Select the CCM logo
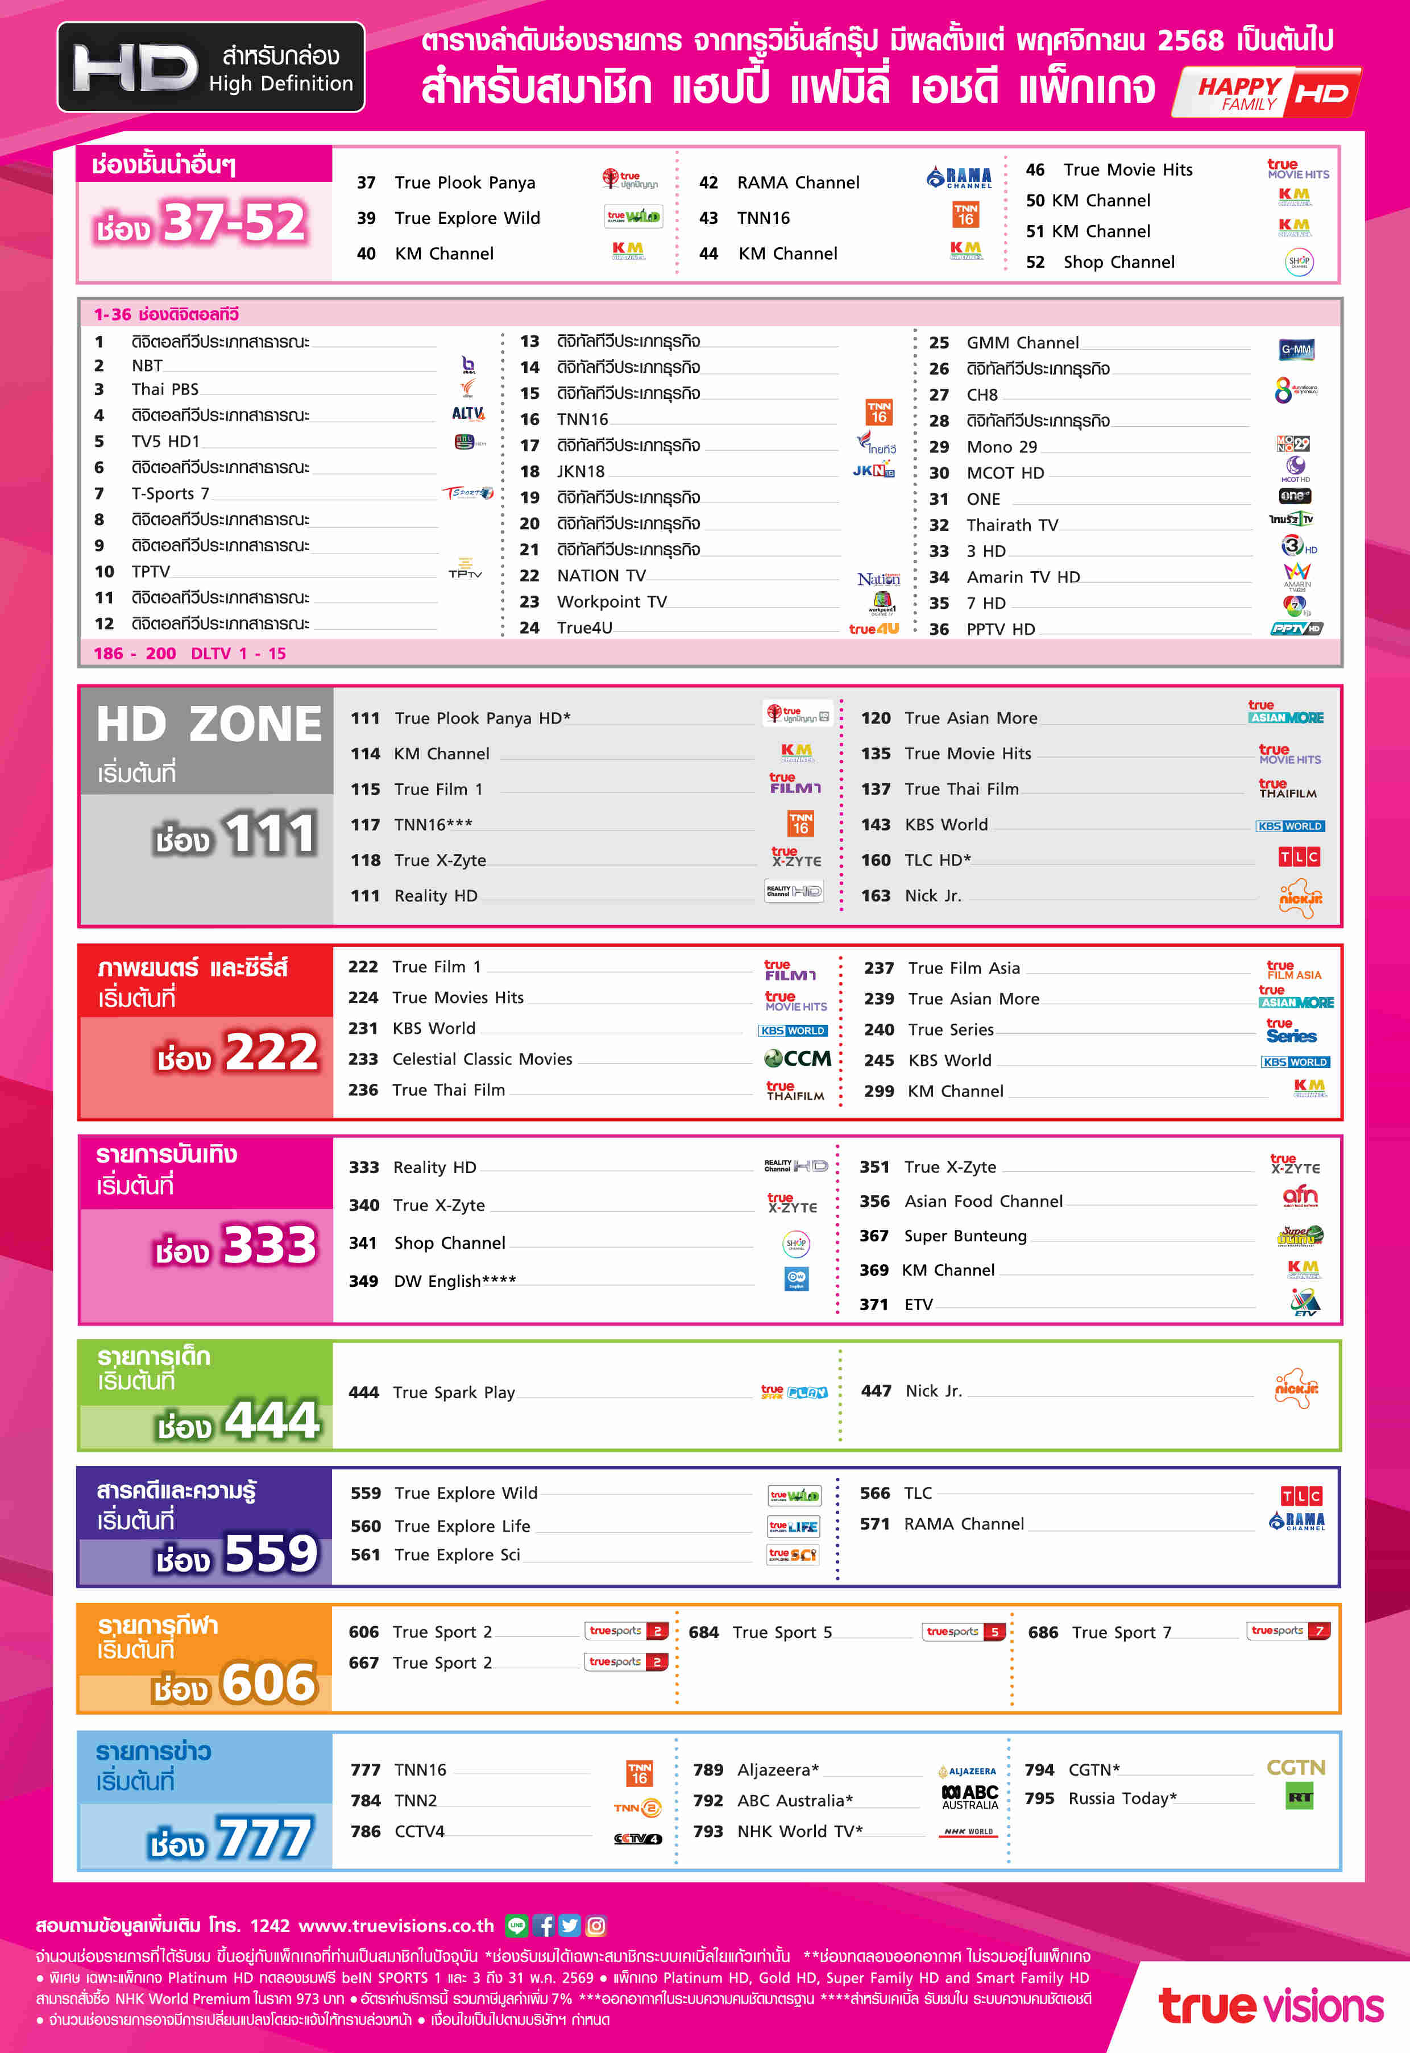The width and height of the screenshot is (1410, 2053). [x=797, y=1058]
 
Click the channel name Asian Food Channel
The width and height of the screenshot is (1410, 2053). [x=982, y=1202]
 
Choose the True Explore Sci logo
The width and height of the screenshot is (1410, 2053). [x=793, y=1555]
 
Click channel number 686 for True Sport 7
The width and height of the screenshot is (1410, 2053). [x=1043, y=1632]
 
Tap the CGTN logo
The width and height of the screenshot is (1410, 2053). [x=1295, y=1768]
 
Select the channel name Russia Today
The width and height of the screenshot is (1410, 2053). [x=1121, y=1798]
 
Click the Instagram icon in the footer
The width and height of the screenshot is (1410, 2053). [x=596, y=1926]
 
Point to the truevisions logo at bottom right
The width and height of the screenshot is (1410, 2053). [x=1270, y=2006]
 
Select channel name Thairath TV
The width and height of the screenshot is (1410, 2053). [x=1011, y=525]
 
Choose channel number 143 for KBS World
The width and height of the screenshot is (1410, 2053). [x=876, y=824]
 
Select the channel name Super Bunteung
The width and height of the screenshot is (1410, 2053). [x=965, y=1236]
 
